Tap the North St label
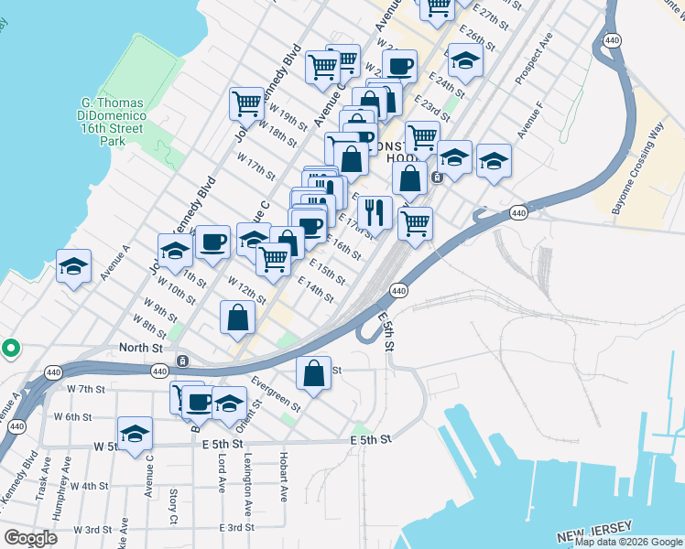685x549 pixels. click(141, 348)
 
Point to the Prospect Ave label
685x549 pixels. click(534, 61)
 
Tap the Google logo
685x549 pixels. click(30, 538)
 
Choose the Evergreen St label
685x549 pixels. click(275, 393)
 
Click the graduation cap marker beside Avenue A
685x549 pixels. click(74, 266)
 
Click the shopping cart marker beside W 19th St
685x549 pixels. click(247, 103)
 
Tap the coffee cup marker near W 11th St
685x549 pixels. click(212, 242)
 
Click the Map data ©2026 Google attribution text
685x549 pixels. click(627, 542)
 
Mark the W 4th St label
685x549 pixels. click(90, 486)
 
